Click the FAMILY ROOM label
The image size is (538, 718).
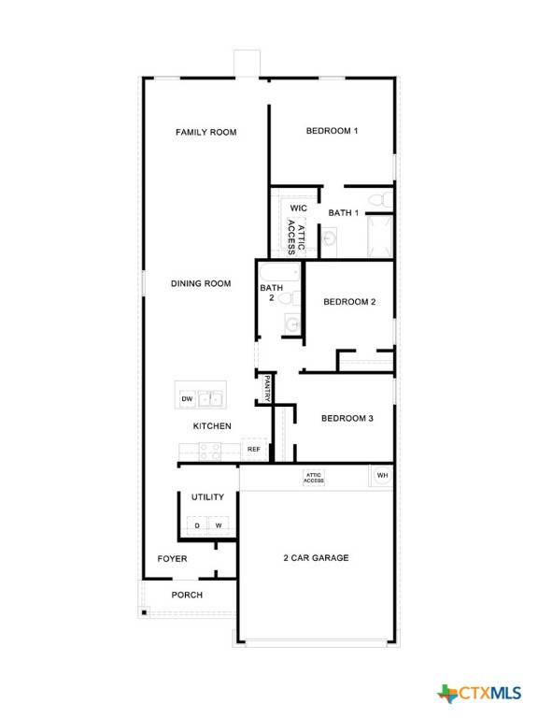point(205,133)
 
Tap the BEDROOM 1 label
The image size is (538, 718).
point(332,131)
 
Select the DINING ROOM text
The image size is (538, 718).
point(201,283)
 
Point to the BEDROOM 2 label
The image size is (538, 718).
point(349,302)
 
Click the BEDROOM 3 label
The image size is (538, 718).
point(347,418)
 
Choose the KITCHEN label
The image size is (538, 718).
point(212,426)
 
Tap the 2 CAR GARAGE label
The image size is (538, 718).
point(317,558)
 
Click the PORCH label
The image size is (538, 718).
point(187,595)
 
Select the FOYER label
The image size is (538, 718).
point(172,559)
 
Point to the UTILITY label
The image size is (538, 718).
point(207,497)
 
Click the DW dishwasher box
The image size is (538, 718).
point(187,399)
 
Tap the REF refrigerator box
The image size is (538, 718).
point(254,450)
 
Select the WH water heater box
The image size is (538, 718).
point(381,476)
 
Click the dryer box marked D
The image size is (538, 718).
point(197,525)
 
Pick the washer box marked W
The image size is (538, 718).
point(219,525)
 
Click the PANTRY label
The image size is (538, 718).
point(267,388)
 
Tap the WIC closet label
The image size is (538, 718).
point(298,208)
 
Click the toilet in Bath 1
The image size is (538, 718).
point(376,200)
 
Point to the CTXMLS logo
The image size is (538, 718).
point(479,693)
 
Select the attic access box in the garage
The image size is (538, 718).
point(313,478)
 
